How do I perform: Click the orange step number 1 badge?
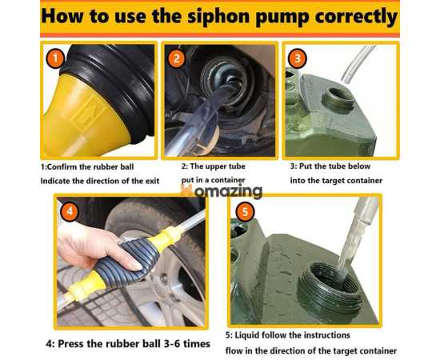click(55, 58)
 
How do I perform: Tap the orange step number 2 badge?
click(177, 58)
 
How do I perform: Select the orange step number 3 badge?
click(297, 58)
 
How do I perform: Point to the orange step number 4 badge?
click(70, 210)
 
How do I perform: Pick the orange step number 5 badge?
click(245, 211)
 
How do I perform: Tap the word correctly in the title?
click(356, 17)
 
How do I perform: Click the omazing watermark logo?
click(222, 191)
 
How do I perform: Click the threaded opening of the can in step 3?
click(338, 101)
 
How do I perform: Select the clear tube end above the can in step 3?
click(357, 65)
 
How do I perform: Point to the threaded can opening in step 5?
click(329, 288)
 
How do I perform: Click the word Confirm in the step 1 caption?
click(62, 166)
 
